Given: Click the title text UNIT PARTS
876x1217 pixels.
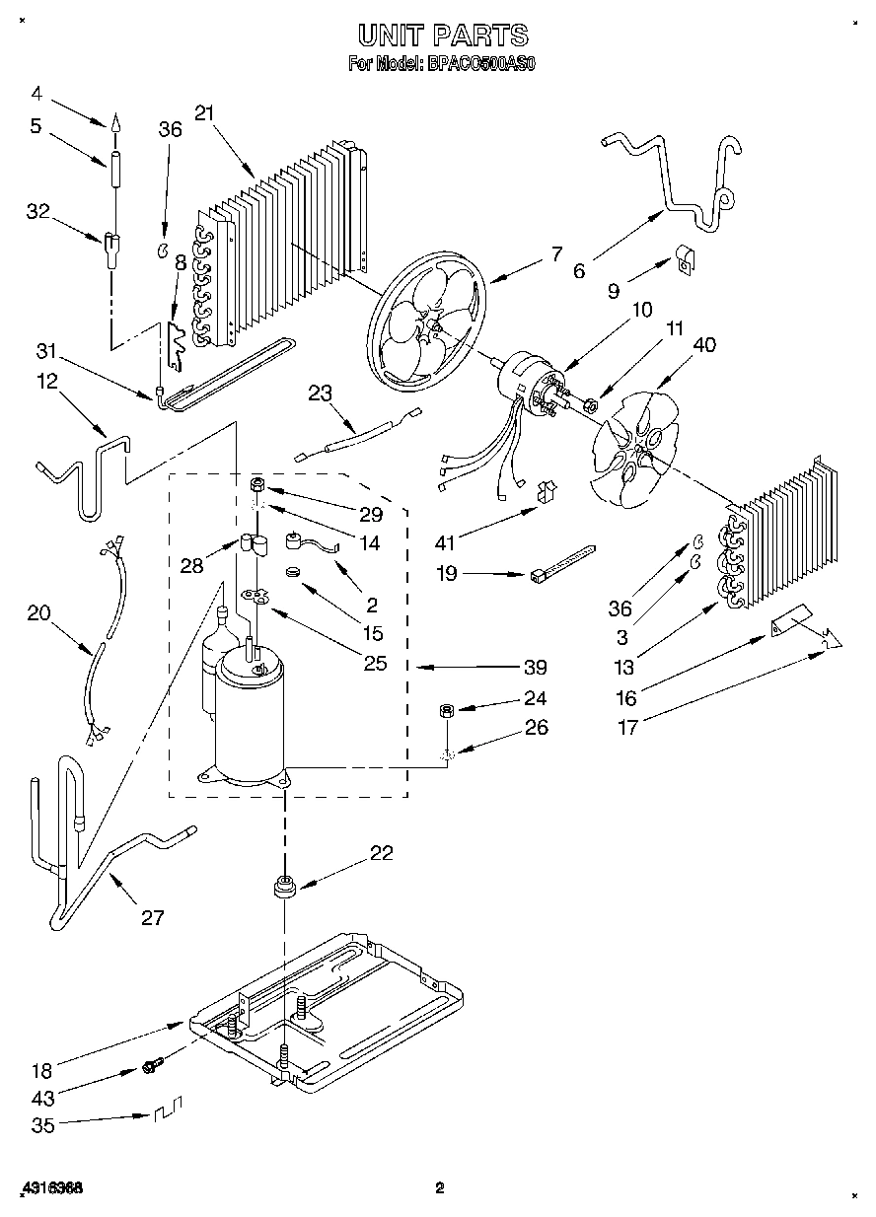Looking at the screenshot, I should coord(442,36).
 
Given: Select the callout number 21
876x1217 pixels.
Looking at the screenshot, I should coord(204,113).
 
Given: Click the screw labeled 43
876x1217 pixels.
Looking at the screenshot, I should coord(152,1066).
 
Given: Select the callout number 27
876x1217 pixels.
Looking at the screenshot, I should coord(151,917).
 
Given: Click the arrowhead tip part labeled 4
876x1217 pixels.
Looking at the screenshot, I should coord(114,123).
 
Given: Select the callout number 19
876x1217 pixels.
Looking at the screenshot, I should coord(447,572).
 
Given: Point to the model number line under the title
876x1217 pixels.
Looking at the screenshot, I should coord(442,65).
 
